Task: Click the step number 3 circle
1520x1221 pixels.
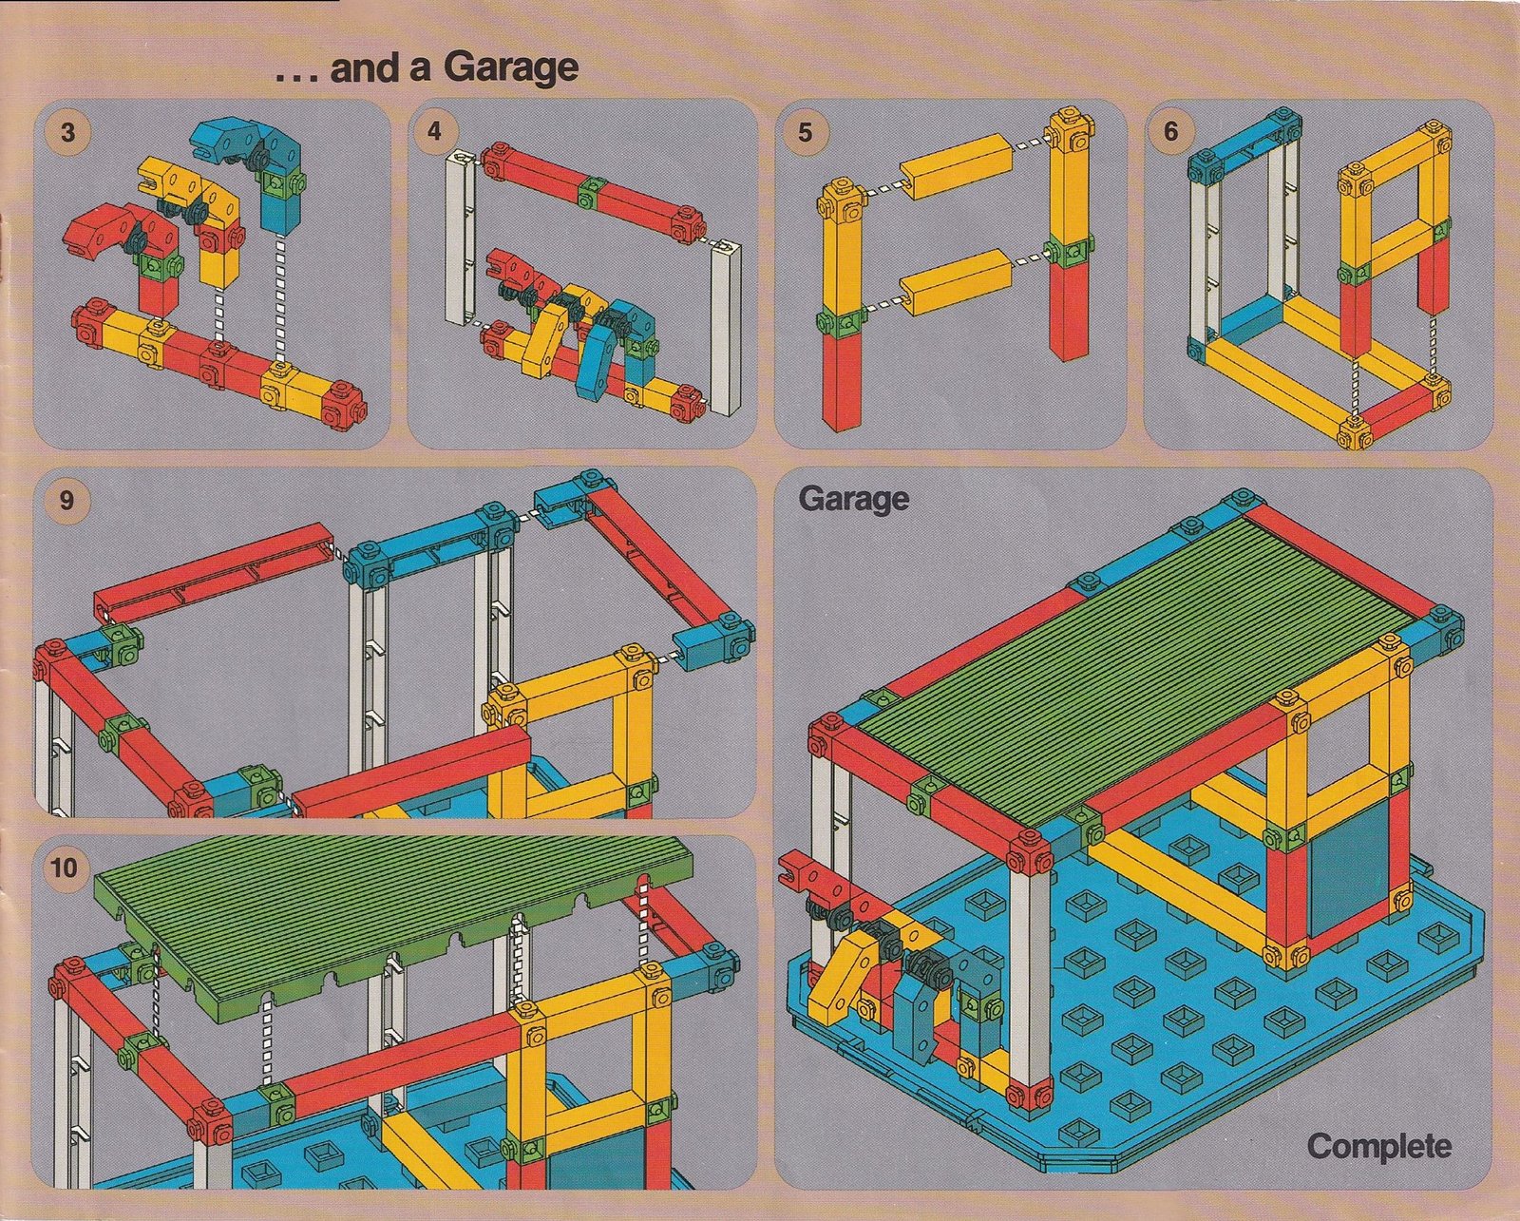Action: click(x=67, y=133)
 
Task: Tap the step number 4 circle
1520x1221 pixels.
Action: click(x=434, y=132)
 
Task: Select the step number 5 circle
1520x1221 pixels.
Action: click(x=805, y=132)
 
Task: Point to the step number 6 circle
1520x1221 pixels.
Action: click(x=1170, y=132)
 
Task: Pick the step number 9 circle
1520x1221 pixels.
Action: click(x=66, y=500)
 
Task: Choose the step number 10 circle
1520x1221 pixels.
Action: click(x=65, y=867)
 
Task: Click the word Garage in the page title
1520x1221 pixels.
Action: click(x=511, y=68)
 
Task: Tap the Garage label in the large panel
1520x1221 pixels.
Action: click(x=854, y=500)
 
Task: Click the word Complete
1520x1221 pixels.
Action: click(x=1378, y=1145)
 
